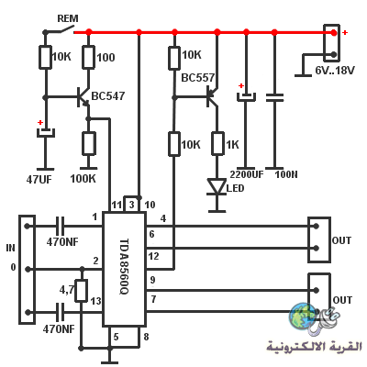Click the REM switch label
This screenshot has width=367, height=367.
[x=68, y=18]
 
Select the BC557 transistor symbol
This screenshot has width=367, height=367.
[x=213, y=97]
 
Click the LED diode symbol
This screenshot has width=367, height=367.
[x=217, y=186]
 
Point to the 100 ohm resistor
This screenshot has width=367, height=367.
[x=88, y=57]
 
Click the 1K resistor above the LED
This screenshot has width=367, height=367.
[x=217, y=143]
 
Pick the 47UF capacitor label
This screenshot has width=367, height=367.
[x=39, y=180]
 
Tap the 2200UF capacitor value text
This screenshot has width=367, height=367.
[x=247, y=174]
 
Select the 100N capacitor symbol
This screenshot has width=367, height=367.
[x=274, y=97]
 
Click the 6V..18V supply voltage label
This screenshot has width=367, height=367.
[x=335, y=71]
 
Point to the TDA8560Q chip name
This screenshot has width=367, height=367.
[x=123, y=266]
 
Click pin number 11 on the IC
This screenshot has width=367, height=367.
[x=117, y=205]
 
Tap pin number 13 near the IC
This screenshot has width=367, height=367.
[x=95, y=301]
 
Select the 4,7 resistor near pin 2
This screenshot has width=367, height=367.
[x=82, y=291]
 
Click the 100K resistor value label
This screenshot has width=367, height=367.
[x=83, y=179]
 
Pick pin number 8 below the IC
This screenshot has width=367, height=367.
[x=146, y=337]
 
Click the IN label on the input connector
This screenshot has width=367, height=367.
[x=10, y=248]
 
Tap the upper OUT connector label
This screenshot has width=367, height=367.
[x=341, y=240]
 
